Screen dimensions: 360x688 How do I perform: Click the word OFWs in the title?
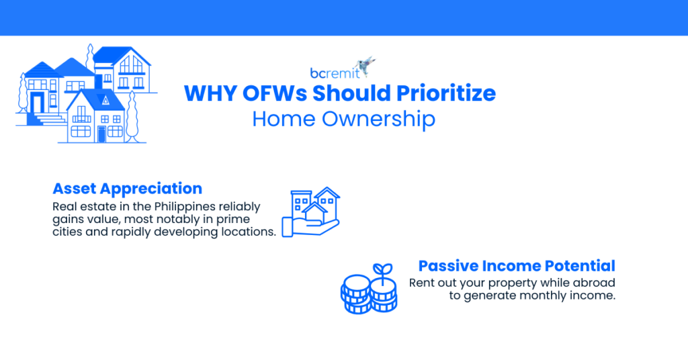pyautogui.click(x=255, y=93)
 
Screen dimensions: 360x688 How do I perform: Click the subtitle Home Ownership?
pyautogui.click(x=343, y=119)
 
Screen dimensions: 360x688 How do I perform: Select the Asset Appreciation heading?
pyautogui.click(x=127, y=188)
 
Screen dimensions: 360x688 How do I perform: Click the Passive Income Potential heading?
pyautogui.click(x=517, y=265)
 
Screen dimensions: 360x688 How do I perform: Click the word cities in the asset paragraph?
pyautogui.click(x=67, y=232)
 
